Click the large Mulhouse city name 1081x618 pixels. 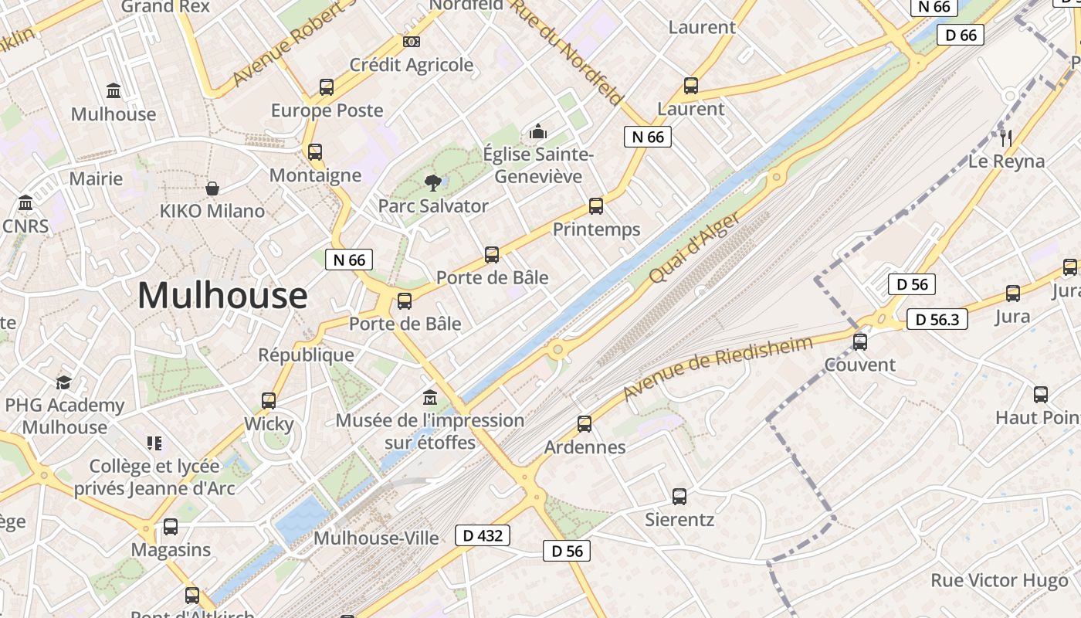tap(222, 296)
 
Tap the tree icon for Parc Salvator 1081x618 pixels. tap(432, 183)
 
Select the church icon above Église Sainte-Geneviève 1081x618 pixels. tap(538, 131)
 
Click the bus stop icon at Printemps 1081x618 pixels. tap(596, 206)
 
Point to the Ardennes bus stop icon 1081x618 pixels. tap(585, 424)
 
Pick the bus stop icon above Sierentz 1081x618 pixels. tap(679, 497)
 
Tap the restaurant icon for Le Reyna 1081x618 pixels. tap(1006, 138)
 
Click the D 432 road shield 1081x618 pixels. tap(483, 535)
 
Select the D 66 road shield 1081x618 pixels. tap(961, 35)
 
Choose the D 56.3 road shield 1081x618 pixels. tap(937, 319)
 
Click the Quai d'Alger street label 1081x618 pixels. tap(696, 248)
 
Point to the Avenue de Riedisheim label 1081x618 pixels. tap(718, 368)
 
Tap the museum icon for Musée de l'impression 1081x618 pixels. tap(430, 398)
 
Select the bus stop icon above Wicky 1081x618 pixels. tap(269, 401)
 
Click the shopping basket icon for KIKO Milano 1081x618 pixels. tap(212, 188)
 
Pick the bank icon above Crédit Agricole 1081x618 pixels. tap(412, 42)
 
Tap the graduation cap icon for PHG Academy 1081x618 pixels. tap(64, 383)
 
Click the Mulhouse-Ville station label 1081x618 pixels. tap(377, 538)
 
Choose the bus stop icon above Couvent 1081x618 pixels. tap(860, 341)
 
